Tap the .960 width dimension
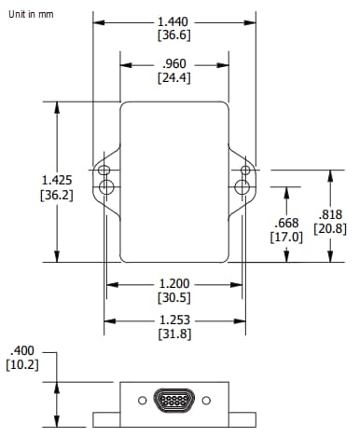click(x=174, y=64)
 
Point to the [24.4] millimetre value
click(x=174, y=79)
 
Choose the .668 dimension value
click(x=287, y=223)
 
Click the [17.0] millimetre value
click(x=287, y=238)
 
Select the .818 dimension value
click(x=331, y=213)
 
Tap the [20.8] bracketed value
click(x=331, y=228)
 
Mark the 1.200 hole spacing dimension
click(x=174, y=283)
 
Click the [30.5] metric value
click(x=174, y=298)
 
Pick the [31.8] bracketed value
click(x=174, y=334)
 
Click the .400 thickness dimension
click(x=22, y=349)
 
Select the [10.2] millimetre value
click(x=22, y=364)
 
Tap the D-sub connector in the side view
click(x=175, y=401)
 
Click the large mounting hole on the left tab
click(x=108, y=187)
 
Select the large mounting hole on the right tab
click(x=242, y=187)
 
